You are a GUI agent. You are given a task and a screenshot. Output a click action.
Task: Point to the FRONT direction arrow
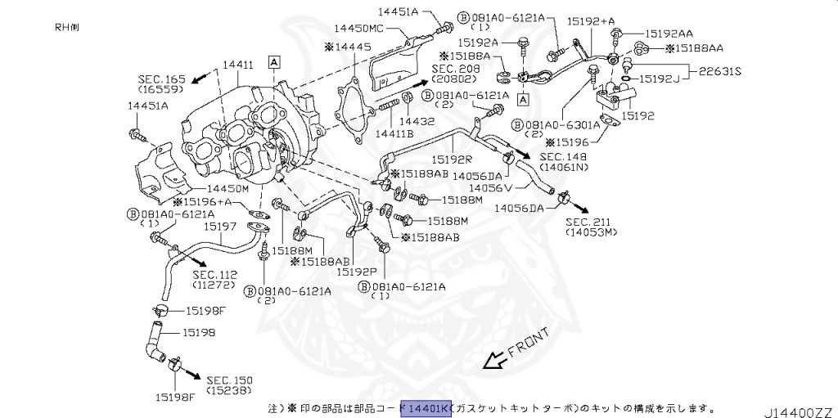[x=494, y=358]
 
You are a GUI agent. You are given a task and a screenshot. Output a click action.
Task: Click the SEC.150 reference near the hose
[x=229, y=380]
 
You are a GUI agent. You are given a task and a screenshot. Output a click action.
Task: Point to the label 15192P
[x=357, y=272]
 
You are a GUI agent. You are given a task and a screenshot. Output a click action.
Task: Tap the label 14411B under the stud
[x=394, y=133]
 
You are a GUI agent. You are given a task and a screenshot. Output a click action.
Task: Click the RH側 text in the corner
[x=67, y=27]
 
